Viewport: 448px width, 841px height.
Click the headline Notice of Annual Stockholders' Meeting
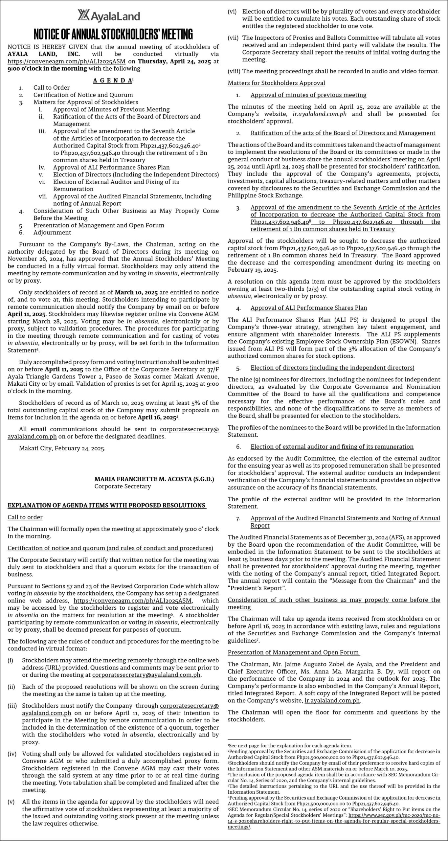(113, 34)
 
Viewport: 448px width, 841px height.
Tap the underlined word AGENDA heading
(112, 80)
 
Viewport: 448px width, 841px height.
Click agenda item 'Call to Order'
(52, 88)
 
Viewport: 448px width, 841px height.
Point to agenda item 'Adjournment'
(52, 232)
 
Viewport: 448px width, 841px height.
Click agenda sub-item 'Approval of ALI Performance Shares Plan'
(111, 167)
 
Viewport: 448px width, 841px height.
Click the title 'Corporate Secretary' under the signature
(123, 486)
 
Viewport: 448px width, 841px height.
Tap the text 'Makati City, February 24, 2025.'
(62, 448)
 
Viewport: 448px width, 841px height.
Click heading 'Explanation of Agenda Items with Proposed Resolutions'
(107, 505)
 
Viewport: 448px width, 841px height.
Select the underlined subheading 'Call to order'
(25, 517)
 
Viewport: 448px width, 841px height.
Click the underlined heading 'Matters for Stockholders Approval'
(277, 83)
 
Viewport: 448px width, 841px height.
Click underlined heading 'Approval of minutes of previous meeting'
(308, 95)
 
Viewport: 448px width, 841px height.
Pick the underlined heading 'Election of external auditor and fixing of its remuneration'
(332, 446)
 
